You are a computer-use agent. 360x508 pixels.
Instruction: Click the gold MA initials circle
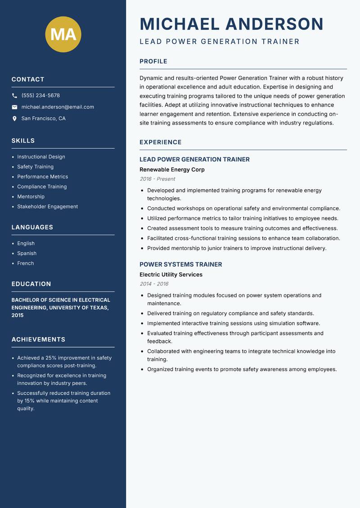63,34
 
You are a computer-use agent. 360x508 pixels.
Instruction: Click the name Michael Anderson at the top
231,24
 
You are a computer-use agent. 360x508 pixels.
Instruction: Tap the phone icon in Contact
14,96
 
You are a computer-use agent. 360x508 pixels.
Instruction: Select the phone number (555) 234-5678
40,96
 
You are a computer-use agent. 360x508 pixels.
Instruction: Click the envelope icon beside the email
14,107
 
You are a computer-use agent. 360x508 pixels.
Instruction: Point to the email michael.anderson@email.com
58,107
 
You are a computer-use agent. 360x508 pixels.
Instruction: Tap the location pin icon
14,119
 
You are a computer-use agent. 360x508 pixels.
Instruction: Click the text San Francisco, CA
43,119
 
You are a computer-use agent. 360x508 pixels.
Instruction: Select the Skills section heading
23,141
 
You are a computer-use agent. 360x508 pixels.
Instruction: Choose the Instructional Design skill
41,157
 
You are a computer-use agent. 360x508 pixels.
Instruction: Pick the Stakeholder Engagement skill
47,207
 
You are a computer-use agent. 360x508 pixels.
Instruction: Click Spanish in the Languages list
27,254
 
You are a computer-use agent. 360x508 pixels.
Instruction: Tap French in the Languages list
25,263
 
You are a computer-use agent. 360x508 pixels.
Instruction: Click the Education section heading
31,284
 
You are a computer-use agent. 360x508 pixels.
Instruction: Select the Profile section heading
153,62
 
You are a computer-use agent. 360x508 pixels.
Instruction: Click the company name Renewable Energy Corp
172,170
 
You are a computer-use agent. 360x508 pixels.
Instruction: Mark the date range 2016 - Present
157,179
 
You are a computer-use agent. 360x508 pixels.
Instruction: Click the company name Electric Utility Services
171,275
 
